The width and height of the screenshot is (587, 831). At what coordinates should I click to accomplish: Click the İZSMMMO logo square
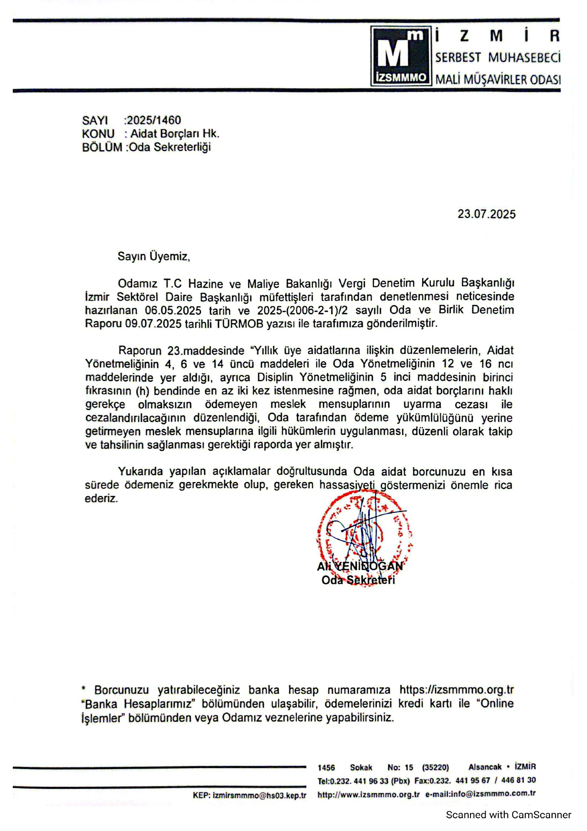tap(400, 56)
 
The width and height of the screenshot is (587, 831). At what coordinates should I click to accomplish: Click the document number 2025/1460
tap(154, 120)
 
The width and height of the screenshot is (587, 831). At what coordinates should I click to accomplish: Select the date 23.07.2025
tap(486, 214)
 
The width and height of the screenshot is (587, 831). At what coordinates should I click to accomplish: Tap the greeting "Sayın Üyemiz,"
tap(154, 257)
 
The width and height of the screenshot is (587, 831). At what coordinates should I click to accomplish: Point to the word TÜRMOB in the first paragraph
tap(239, 324)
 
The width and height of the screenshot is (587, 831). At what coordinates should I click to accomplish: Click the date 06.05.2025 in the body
tap(173, 311)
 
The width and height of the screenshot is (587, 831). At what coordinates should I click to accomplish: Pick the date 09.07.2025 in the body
tap(153, 324)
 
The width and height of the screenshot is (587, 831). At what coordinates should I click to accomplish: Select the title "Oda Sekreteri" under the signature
tap(358, 580)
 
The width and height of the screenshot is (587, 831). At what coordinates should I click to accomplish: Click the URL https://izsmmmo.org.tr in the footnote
tap(456, 690)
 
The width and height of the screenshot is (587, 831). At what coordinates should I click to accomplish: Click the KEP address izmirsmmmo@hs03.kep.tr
tap(259, 795)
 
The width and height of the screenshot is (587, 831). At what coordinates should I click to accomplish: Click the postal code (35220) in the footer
tap(435, 768)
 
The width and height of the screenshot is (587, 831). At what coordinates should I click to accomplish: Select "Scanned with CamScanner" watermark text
tap(508, 815)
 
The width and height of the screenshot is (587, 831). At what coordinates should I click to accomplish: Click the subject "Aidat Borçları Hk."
tap(175, 134)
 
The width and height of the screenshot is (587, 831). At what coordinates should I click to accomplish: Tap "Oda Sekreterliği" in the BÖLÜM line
tap(170, 147)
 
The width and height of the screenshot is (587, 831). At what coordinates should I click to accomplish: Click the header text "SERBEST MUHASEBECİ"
tap(498, 58)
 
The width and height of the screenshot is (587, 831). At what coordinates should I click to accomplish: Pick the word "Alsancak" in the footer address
tap(485, 767)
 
